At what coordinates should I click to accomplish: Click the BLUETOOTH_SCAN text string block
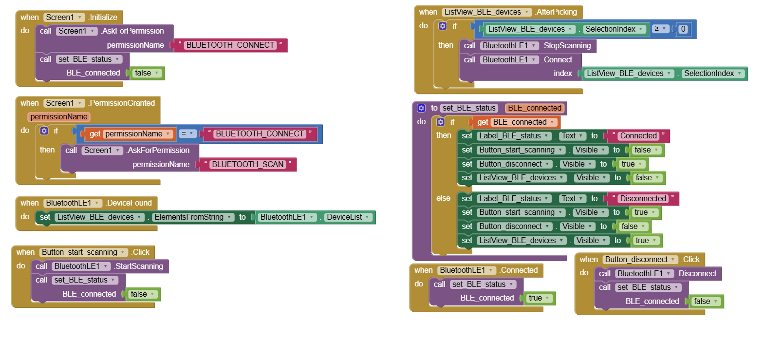pos(248,165)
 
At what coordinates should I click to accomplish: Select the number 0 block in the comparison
pos(683,29)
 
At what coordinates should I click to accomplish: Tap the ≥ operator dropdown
pos(660,29)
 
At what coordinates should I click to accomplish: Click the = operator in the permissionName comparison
pos(187,133)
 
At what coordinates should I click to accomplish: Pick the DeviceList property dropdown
pos(348,217)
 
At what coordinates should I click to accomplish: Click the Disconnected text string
pos(643,199)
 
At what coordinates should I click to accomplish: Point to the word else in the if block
pos(444,198)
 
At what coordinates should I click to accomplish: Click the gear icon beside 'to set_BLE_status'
pos(421,108)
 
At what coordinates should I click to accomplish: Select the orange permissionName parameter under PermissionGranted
pos(58,117)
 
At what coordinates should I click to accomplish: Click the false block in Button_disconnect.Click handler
pos(706,302)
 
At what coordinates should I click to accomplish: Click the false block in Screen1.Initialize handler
pos(146,73)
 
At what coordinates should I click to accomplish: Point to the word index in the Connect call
pos(563,74)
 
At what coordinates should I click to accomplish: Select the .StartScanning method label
pos(138,266)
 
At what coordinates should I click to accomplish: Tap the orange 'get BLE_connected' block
pos(515,122)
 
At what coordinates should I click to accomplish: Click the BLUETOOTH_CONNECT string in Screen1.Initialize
pos(231,45)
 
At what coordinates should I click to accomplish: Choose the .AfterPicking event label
pos(556,12)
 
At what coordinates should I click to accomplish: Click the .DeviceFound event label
pos(128,203)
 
